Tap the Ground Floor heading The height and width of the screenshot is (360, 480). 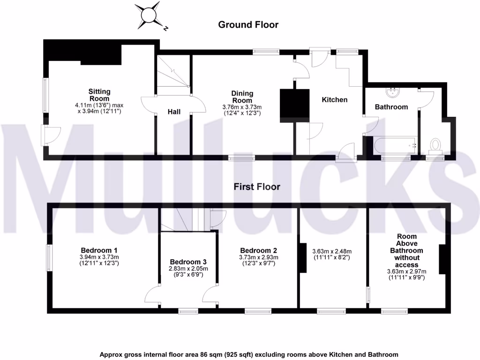[248, 25]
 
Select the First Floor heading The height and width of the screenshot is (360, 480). [257, 187]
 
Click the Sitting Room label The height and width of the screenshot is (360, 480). [99, 95]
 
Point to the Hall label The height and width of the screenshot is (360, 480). [175, 112]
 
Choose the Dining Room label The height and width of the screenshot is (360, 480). [242, 97]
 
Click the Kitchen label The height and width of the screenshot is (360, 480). [334, 100]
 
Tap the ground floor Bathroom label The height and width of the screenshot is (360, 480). [391, 107]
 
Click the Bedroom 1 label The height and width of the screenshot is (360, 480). [99, 250]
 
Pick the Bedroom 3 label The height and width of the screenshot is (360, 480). [188, 262]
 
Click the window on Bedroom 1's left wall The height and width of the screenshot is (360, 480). [48, 257]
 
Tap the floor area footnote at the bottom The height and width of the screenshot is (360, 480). [248, 354]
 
